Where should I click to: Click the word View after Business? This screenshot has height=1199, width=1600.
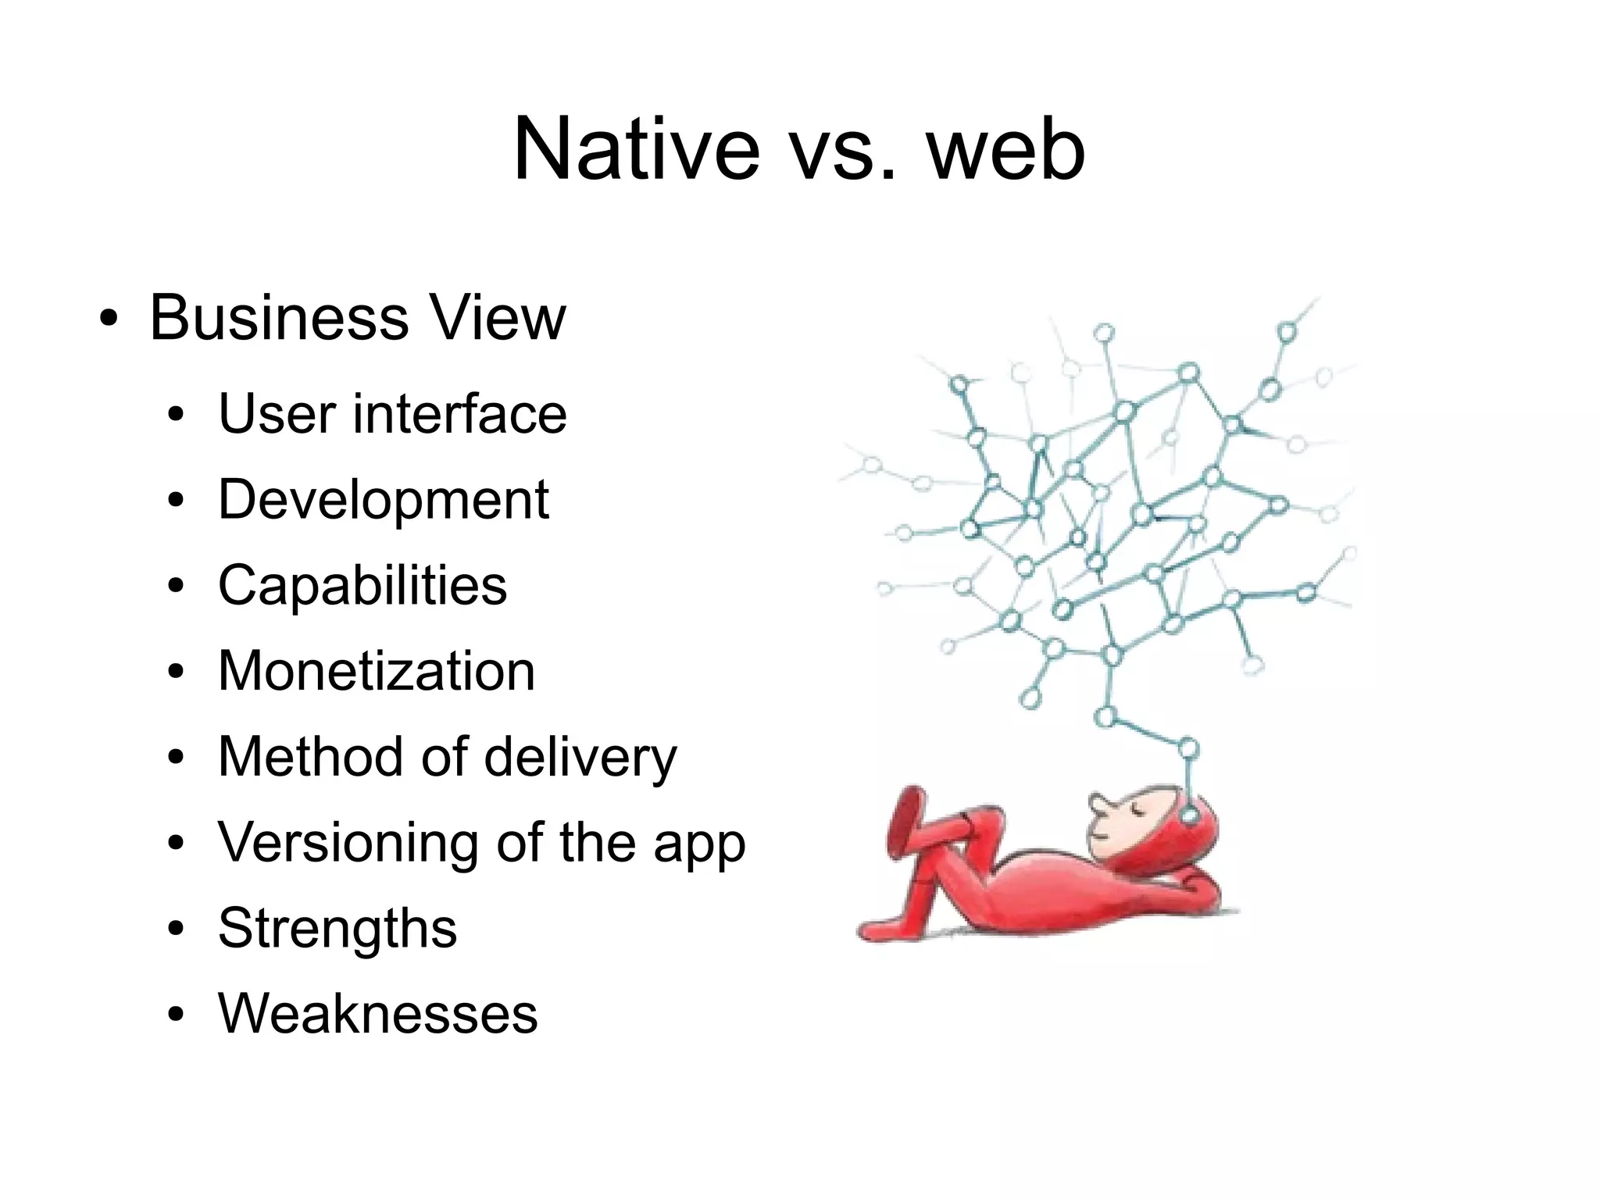pyautogui.click(x=498, y=318)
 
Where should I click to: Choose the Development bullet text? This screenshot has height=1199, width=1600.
pyautogui.click(x=383, y=499)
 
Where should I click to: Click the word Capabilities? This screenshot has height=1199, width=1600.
pyautogui.click(x=362, y=585)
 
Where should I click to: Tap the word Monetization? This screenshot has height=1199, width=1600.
pyautogui.click(x=377, y=671)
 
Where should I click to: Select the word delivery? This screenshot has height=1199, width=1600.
pyautogui.click(x=580, y=757)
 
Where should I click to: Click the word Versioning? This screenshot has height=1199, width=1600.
pyautogui.click(x=348, y=843)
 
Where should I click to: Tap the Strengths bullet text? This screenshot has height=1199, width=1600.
pyautogui.click(x=337, y=929)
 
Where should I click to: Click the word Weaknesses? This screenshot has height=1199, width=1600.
pyautogui.click(x=378, y=1015)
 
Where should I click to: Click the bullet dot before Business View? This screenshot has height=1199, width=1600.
pyautogui.click(x=109, y=321)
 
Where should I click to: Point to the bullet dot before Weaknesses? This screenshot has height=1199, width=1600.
pyautogui.click(x=176, y=1016)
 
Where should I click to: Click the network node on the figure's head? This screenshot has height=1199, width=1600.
pyautogui.click(x=1189, y=816)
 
